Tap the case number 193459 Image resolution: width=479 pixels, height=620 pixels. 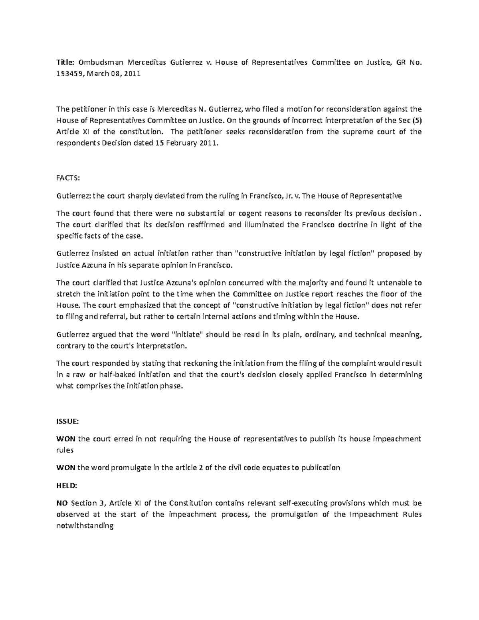(x=68, y=74)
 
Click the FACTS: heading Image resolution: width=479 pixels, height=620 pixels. (x=68, y=178)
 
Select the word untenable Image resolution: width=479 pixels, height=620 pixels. (x=395, y=283)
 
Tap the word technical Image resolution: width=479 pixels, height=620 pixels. (x=370, y=335)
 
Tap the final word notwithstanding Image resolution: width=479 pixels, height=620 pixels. (x=85, y=526)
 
